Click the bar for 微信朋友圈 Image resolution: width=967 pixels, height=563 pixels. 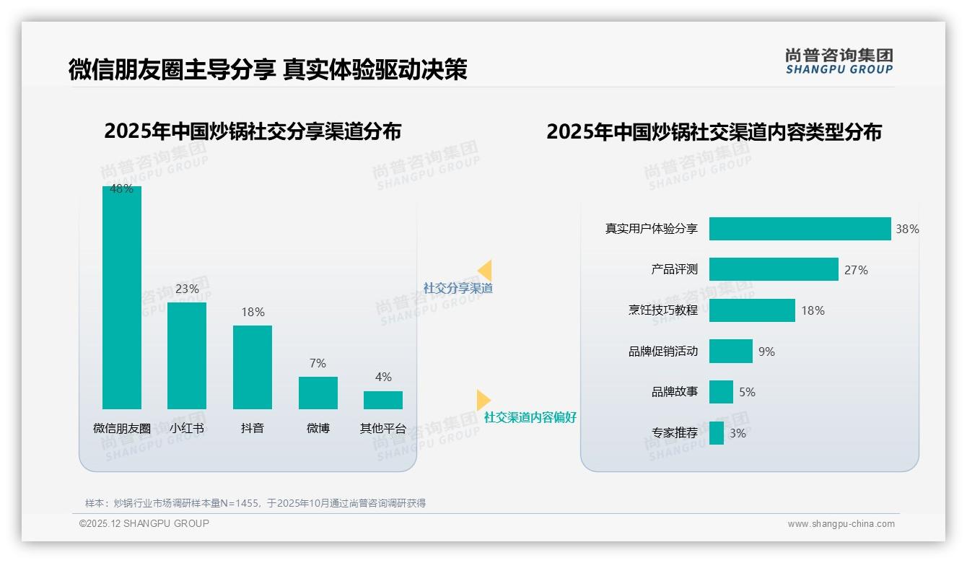click(x=122, y=297)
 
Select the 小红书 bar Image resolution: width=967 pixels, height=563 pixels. click(x=187, y=356)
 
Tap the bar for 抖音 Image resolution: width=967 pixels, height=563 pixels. click(x=253, y=367)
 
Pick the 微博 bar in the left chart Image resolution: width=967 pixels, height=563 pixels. click(x=318, y=393)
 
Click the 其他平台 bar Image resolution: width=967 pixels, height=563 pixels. click(x=383, y=400)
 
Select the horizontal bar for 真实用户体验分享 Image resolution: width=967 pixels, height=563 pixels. click(x=800, y=229)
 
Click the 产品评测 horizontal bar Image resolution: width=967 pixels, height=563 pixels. click(x=774, y=269)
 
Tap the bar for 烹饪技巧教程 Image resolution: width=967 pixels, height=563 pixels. click(x=752, y=310)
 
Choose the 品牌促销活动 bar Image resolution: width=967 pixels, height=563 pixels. click(x=730, y=352)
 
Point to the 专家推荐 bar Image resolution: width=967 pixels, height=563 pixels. click(x=717, y=433)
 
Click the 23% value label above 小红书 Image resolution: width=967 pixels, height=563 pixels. click(x=187, y=289)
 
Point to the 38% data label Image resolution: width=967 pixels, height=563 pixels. click(x=907, y=229)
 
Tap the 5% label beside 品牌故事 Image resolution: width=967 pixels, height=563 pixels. click(x=747, y=392)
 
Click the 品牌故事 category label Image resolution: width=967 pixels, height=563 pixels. click(x=675, y=392)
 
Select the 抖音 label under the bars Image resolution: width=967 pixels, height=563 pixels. click(x=253, y=428)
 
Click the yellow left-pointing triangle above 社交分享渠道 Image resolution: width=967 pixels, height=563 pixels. click(x=485, y=271)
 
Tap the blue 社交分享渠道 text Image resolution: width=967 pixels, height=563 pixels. click(x=458, y=288)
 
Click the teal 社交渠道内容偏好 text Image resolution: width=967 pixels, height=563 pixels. click(x=530, y=417)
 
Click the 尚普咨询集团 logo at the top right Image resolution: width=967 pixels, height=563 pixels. click(x=839, y=61)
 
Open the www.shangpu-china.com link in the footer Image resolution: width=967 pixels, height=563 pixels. click(x=841, y=524)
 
